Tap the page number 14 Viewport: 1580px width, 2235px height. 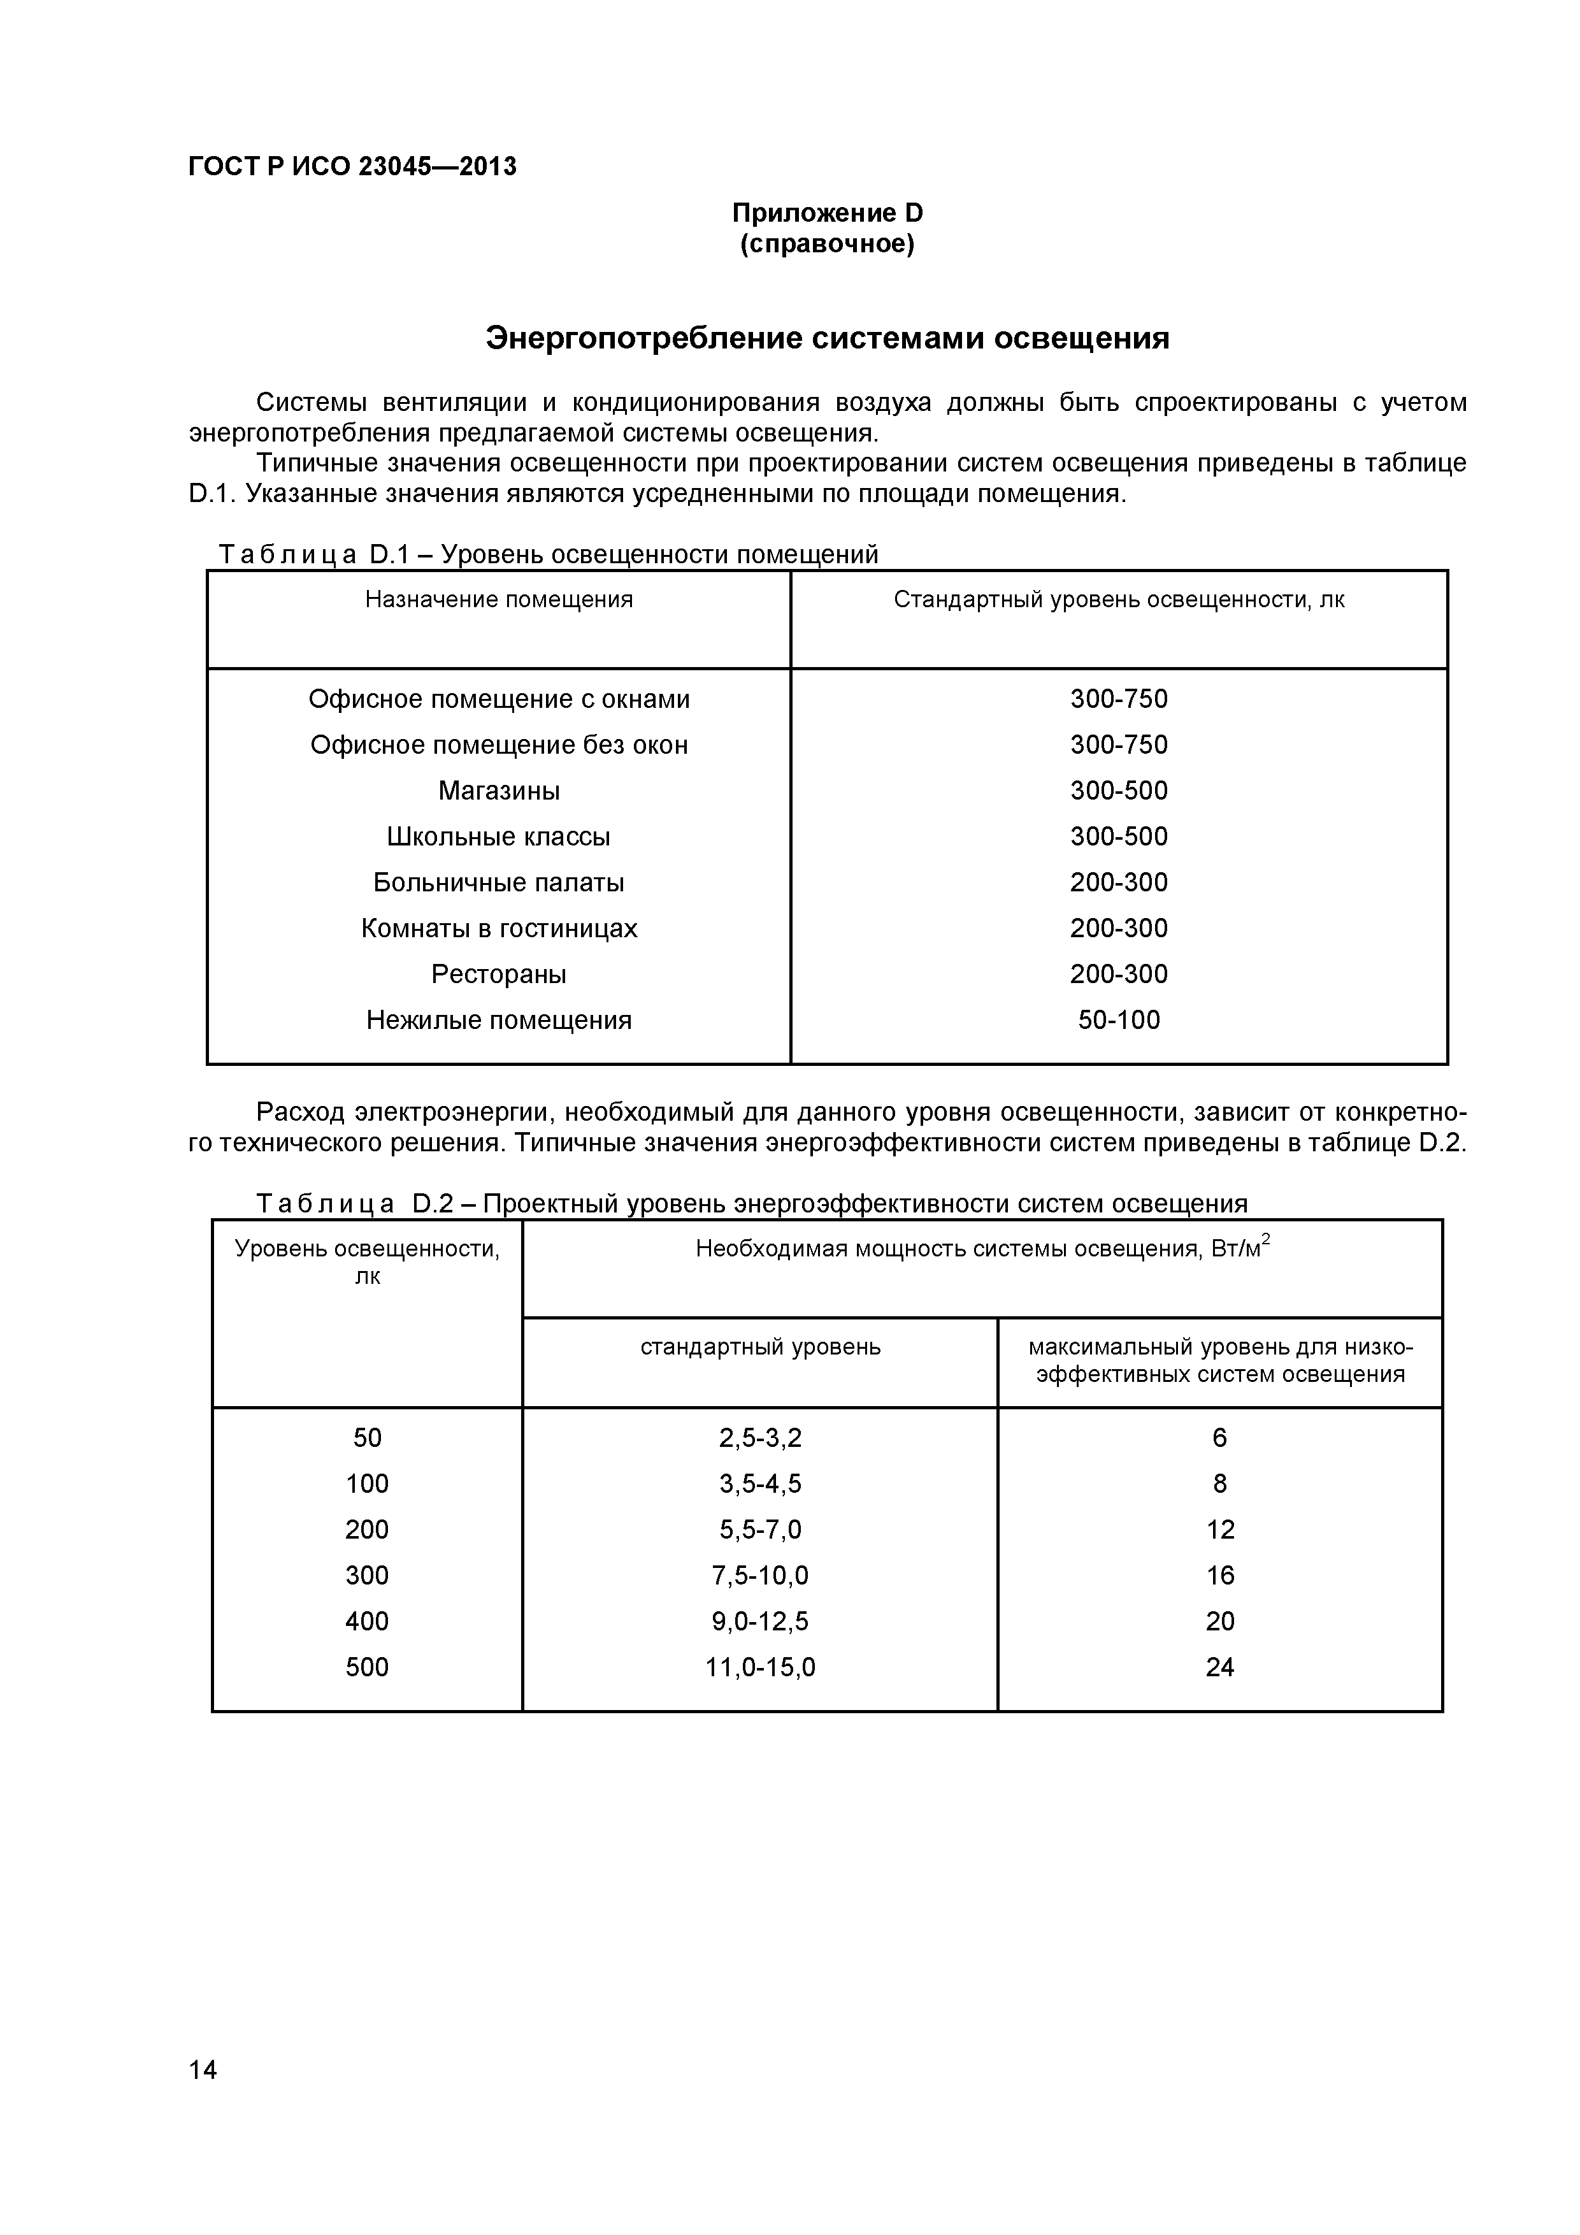(203, 2097)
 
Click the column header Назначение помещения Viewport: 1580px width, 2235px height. (498, 600)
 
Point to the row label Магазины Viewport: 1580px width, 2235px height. (498, 791)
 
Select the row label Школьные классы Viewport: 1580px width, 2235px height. (498, 836)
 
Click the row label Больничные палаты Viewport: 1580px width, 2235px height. (498, 882)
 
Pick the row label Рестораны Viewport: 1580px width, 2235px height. (498, 974)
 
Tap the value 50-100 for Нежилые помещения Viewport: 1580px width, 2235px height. (1119, 1019)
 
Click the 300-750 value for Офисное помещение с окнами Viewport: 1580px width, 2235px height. (1119, 699)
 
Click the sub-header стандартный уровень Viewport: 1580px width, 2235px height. (759, 1347)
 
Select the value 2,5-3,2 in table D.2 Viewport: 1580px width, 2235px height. (759, 1438)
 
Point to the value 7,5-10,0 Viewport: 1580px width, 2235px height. (759, 1575)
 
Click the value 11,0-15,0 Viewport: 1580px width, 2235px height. (759, 1667)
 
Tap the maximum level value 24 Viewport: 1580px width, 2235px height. (1220, 1667)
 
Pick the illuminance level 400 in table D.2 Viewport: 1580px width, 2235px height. (367, 1621)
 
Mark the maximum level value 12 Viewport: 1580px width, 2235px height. (1220, 1529)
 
